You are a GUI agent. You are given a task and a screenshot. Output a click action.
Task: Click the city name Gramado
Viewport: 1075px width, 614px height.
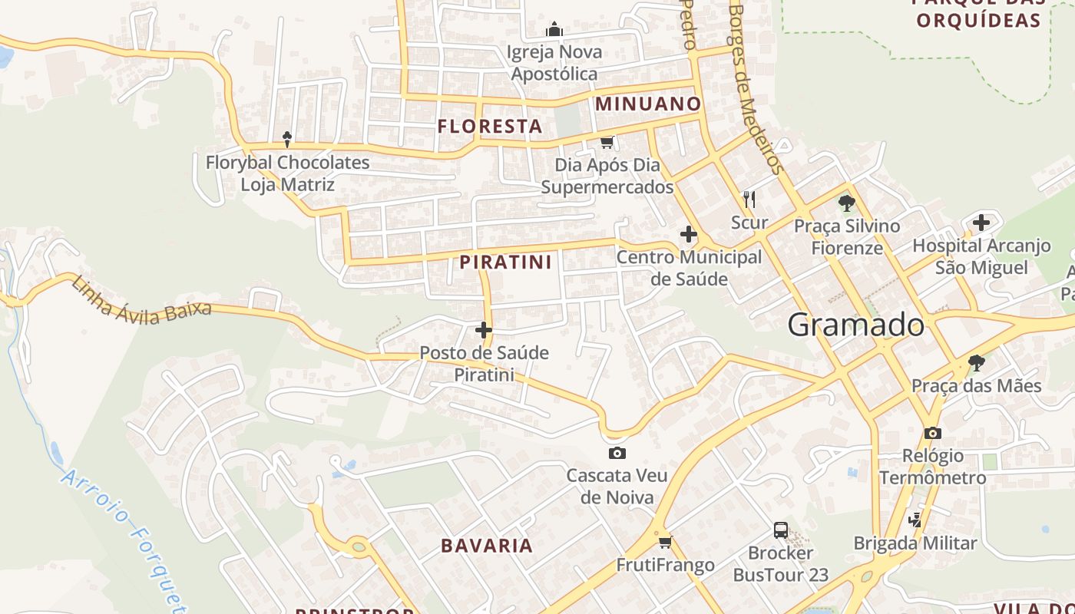click(x=855, y=325)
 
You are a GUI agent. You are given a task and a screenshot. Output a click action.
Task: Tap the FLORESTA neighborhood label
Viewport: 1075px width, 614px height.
click(x=490, y=127)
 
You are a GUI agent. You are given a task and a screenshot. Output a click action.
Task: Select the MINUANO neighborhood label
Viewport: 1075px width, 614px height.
click(x=648, y=104)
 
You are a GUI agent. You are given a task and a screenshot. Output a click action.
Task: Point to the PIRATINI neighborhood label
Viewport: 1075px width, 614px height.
click(x=505, y=262)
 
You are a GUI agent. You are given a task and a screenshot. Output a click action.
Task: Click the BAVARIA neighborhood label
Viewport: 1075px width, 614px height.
click(x=487, y=546)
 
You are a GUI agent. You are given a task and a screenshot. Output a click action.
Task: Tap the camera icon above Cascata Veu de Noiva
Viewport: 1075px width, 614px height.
click(x=617, y=453)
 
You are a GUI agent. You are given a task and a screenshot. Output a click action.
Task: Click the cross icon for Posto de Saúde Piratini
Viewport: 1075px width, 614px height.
click(x=484, y=330)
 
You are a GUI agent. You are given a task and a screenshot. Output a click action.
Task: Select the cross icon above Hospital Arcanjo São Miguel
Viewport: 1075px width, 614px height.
click(x=981, y=223)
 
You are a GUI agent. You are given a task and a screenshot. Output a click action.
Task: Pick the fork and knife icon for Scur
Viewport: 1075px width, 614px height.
click(x=749, y=200)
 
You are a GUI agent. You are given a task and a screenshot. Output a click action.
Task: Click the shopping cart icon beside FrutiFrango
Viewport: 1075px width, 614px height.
click(x=665, y=542)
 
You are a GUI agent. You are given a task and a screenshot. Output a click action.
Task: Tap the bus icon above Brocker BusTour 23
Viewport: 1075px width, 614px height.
click(x=780, y=530)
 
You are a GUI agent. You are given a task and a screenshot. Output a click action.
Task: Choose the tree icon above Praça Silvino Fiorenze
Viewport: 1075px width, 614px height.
click(x=847, y=203)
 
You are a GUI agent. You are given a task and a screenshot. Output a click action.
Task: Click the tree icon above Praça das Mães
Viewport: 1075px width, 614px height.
click(x=976, y=363)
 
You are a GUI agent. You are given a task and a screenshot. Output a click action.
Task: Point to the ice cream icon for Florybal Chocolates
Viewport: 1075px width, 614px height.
click(x=287, y=140)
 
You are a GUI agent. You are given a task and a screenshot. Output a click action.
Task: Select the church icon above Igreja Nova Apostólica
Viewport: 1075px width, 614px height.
click(x=554, y=30)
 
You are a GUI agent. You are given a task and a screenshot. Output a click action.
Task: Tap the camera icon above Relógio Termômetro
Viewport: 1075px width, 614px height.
click(x=932, y=433)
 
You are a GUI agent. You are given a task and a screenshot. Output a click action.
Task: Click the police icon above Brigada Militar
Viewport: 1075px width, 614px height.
click(x=915, y=520)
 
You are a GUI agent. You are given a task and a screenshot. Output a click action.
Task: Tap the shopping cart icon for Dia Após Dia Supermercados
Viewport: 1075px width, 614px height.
click(x=607, y=142)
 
